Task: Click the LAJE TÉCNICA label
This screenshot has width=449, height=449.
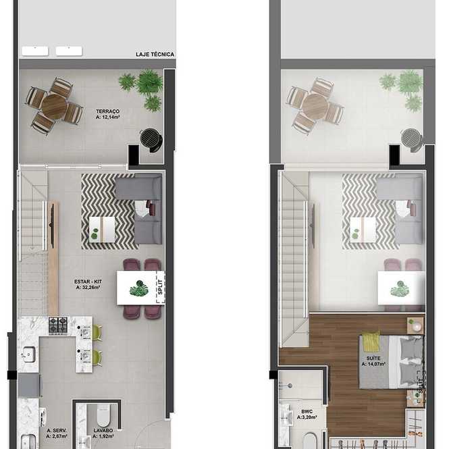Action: [155, 55]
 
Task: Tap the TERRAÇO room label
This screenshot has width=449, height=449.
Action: [107, 111]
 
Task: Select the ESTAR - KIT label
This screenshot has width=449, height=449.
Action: [88, 282]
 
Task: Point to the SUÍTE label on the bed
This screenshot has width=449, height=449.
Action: [373, 359]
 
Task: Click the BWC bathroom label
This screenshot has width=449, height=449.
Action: [307, 412]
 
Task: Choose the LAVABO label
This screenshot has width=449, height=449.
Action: [103, 431]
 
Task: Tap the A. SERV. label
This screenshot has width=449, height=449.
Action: [57, 431]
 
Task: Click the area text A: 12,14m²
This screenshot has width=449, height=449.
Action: [107, 117]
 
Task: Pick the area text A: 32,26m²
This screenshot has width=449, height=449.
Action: [88, 288]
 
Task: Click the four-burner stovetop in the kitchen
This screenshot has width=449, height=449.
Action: [58, 325]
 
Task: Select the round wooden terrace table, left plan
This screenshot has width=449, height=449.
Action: [54, 106]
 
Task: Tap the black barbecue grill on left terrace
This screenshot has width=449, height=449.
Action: [151, 140]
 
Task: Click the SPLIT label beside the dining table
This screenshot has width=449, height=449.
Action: [161, 287]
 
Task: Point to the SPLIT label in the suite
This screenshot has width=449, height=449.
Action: [421, 386]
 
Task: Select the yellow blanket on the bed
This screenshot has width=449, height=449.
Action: [371, 342]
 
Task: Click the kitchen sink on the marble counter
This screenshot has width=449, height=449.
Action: [28, 354]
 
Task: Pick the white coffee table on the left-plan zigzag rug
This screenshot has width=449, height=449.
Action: [102, 230]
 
